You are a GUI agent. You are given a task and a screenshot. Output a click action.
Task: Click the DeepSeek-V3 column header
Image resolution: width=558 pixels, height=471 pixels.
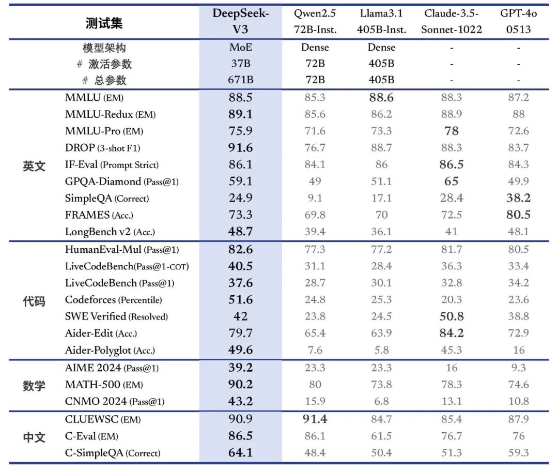tap(240, 21)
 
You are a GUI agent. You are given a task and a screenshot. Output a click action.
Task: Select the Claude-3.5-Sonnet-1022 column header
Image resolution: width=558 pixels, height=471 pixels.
tap(451, 21)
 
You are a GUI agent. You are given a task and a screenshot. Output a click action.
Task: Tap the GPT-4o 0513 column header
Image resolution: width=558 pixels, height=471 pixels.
tap(518, 21)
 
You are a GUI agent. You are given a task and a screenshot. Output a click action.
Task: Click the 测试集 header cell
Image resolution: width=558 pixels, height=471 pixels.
tap(104, 23)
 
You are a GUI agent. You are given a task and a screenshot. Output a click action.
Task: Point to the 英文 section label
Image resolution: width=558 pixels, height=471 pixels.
tap(34, 166)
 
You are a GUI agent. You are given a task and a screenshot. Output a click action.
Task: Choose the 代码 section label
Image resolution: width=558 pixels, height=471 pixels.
tap(34, 300)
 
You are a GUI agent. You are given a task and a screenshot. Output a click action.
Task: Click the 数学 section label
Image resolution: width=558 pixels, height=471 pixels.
tap(34, 385)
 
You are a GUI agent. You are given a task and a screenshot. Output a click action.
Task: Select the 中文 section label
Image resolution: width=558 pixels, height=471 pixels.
tap(34, 437)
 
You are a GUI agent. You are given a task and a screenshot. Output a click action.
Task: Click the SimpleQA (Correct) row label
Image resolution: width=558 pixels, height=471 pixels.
tap(107, 198)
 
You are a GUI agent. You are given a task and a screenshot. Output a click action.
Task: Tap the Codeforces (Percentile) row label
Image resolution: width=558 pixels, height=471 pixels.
tap(113, 300)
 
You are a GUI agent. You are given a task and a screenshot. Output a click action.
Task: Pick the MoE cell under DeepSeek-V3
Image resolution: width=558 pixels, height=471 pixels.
tap(240, 48)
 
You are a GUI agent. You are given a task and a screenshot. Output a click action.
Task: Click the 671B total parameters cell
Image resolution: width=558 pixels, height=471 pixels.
tap(240, 80)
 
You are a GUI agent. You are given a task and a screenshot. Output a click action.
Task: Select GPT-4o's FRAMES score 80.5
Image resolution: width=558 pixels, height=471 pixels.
tap(518, 215)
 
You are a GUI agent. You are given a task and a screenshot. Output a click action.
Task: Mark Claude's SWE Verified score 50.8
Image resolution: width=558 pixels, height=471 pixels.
tap(451, 316)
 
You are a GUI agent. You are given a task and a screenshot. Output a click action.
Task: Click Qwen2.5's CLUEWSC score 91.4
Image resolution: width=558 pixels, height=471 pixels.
tap(315, 419)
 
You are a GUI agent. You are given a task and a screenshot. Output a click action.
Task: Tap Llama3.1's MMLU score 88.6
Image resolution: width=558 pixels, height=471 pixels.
tap(381, 97)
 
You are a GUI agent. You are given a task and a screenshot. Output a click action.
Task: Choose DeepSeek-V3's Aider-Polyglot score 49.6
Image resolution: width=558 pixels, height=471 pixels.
tap(240, 350)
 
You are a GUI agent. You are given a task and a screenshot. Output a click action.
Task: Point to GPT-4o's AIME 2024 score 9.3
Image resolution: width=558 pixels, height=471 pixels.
tap(518, 368)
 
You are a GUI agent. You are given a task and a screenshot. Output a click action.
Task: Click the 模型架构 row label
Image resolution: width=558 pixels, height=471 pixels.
tap(104, 48)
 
